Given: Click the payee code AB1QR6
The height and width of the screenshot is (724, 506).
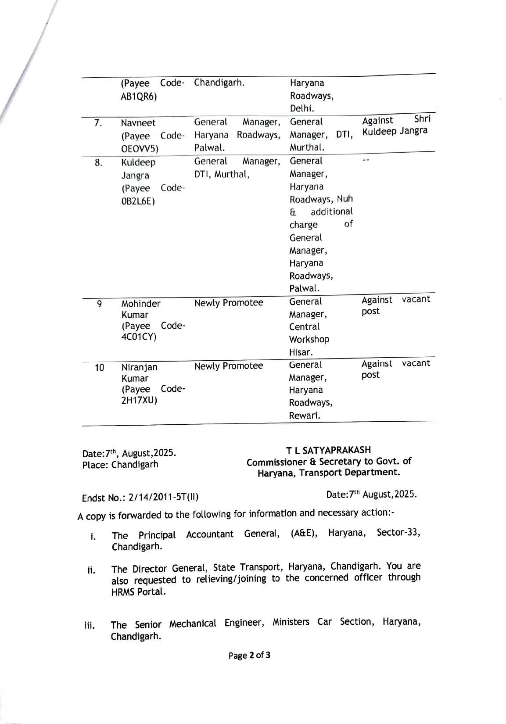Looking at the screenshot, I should (138, 97).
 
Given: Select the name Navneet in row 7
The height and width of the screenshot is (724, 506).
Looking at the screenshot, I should (138, 123).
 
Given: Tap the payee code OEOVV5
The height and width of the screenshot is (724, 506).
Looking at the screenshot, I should (139, 149).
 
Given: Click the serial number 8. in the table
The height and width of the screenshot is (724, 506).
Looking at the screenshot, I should (99, 163).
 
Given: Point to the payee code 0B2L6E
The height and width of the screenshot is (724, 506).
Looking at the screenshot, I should (138, 201).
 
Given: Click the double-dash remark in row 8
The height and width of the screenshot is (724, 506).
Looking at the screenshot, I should (366, 161).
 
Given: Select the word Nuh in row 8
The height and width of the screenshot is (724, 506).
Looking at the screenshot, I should (345, 199).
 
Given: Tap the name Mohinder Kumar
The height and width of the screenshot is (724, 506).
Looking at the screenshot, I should (140, 309).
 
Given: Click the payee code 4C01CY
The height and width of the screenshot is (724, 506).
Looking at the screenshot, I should (139, 337).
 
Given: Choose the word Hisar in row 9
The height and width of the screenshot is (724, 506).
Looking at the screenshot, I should (301, 352).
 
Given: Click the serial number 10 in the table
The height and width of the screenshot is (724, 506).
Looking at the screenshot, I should (100, 368).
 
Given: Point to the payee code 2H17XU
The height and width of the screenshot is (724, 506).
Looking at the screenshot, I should (139, 401).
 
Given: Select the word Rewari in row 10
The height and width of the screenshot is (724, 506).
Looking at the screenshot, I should (304, 416).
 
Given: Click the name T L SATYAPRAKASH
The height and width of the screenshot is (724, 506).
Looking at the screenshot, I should (328, 450).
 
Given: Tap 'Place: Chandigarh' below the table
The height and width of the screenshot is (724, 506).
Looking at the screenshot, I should (120, 465).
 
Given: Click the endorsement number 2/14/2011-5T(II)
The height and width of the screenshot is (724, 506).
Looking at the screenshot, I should (163, 498).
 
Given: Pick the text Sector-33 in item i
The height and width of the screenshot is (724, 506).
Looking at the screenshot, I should (398, 533).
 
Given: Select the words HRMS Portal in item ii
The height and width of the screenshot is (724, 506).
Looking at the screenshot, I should (138, 592).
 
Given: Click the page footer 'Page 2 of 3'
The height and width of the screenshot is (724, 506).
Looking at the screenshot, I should (249, 656).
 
